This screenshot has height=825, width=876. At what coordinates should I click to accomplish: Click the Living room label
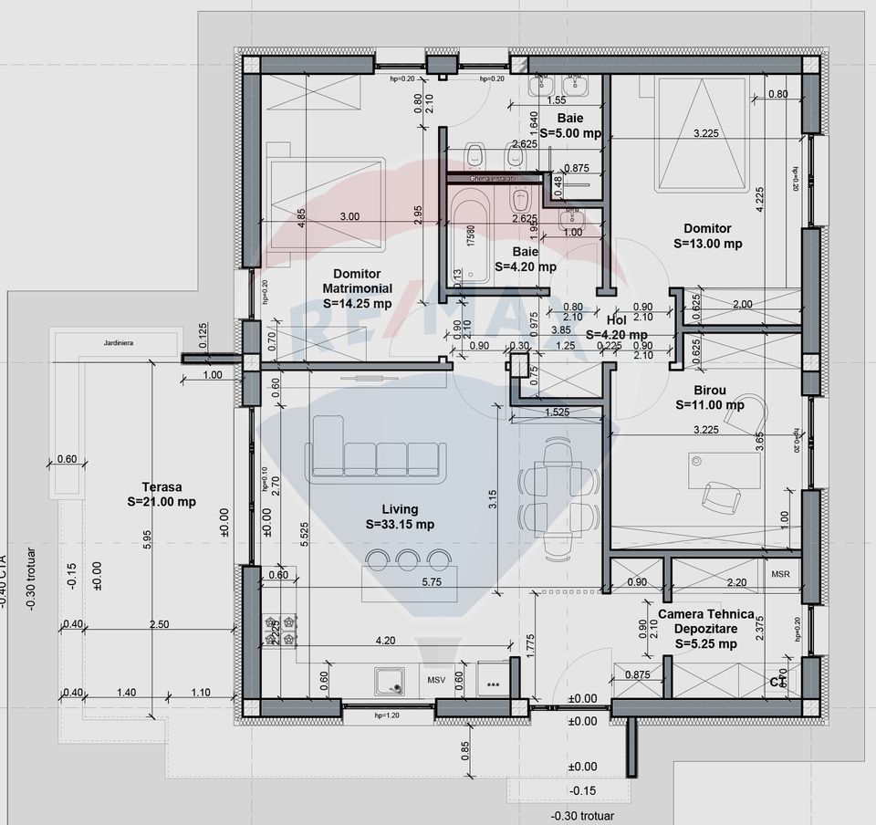(x=400, y=517)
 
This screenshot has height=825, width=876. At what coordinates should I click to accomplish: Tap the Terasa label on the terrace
(x=162, y=494)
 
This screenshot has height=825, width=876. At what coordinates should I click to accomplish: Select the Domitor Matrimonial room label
(x=356, y=288)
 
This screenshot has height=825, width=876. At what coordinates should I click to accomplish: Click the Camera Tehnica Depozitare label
(x=700, y=629)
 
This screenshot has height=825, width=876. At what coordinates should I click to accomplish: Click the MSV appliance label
(x=436, y=681)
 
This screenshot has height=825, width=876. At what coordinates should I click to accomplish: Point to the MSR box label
(x=780, y=575)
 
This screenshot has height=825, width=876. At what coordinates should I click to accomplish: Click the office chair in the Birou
(x=720, y=497)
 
